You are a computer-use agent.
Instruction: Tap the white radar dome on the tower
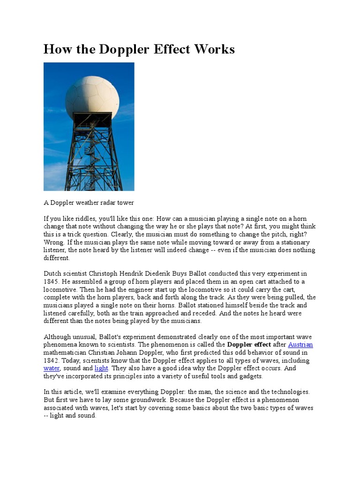click(92, 97)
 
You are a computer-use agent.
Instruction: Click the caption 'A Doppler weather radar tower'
click(89, 203)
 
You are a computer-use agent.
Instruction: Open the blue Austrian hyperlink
click(300, 345)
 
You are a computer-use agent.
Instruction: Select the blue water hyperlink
click(52, 368)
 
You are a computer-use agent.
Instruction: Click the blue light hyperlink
click(101, 368)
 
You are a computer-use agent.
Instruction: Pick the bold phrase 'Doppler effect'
click(249, 345)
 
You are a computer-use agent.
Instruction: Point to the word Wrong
click(53, 242)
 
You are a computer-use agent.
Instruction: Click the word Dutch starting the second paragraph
click(52, 273)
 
